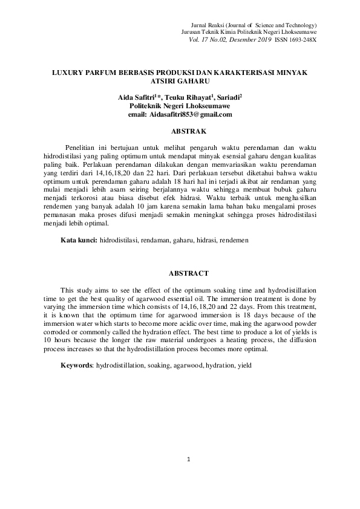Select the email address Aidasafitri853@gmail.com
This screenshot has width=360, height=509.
[x=181, y=114]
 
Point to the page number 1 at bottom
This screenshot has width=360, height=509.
[x=189, y=459]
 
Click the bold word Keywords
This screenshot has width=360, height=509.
[x=76, y=366]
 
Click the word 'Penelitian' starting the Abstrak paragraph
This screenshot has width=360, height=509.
[x=82, y=147]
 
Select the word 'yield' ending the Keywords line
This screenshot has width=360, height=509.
[x=244, y=366]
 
